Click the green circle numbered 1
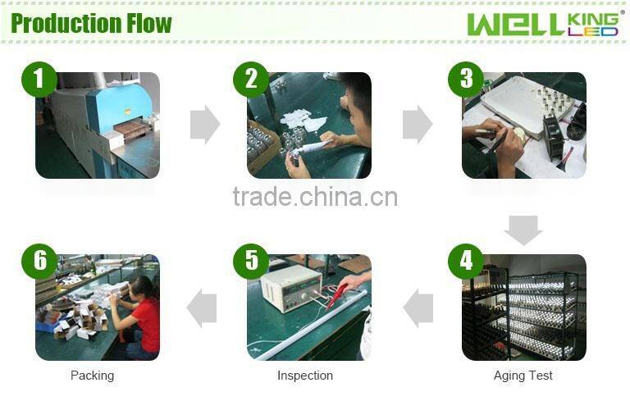(39, 80)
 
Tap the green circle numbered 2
(251, 80)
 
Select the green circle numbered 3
(466, 80)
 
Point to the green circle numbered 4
(466, 262)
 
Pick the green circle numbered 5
(251, 262)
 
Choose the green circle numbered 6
(39, 262)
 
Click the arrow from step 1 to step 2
(205, 125)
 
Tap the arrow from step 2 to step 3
(418, 125)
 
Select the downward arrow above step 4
(523, 230)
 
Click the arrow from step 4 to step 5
(418, 308)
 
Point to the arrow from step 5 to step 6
(202, 308)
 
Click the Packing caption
(93, 376)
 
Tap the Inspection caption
(305, 376)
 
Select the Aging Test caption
(523, 376)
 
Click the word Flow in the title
(149, 23)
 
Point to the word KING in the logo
(593, 19)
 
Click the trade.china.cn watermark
(315, 197)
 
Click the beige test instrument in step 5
(291, 288)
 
